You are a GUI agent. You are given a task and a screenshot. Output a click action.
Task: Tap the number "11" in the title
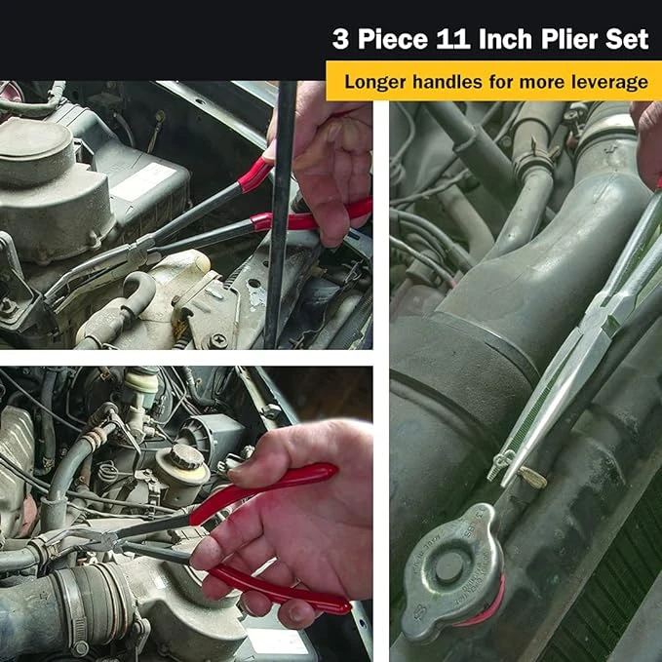tap(454, 39)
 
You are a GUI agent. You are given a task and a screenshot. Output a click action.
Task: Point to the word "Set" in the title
tap(627, 39)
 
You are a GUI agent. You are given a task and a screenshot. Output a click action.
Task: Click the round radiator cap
tap(452, 569)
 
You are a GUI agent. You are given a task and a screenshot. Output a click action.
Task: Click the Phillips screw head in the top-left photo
tap(217, 340)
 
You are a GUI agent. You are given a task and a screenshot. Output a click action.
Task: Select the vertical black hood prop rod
tap(280, 214)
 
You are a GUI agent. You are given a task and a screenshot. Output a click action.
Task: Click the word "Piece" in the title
tap(393, 39)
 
